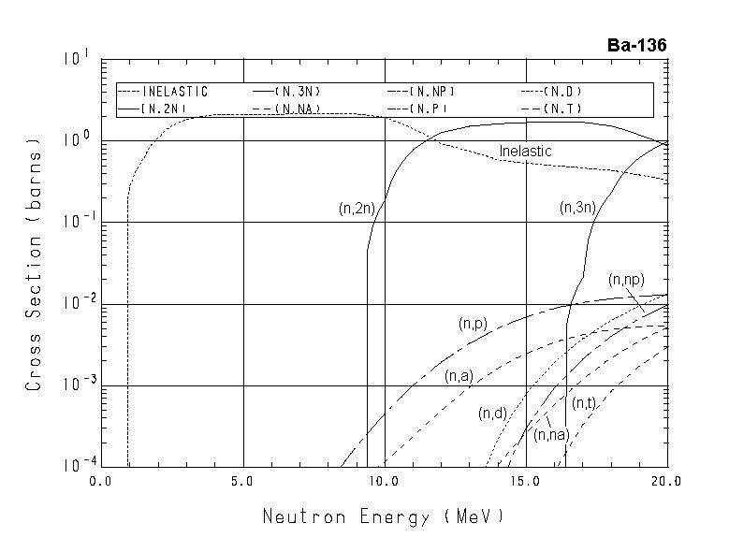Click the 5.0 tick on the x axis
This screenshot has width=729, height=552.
(x=243, y=483)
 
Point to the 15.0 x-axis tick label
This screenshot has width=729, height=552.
(x=526, y=483)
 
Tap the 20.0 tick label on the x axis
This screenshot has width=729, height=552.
(x=667, y=483)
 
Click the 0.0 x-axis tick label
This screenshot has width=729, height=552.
(x=101, y=483)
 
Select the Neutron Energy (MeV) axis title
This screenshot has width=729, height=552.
(x=383, y=516)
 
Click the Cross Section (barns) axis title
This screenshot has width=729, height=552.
(x=34, y=268)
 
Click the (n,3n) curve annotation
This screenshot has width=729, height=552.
(x=576, y=208)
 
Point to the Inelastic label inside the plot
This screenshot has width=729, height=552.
(x=525, y=151)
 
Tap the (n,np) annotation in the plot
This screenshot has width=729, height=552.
(x=625, y=280)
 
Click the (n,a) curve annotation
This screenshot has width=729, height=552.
(x=459, y=376)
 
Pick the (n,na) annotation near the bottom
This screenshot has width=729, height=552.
(x=551, y=434)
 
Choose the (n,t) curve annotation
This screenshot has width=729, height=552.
(x=583, y=403)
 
